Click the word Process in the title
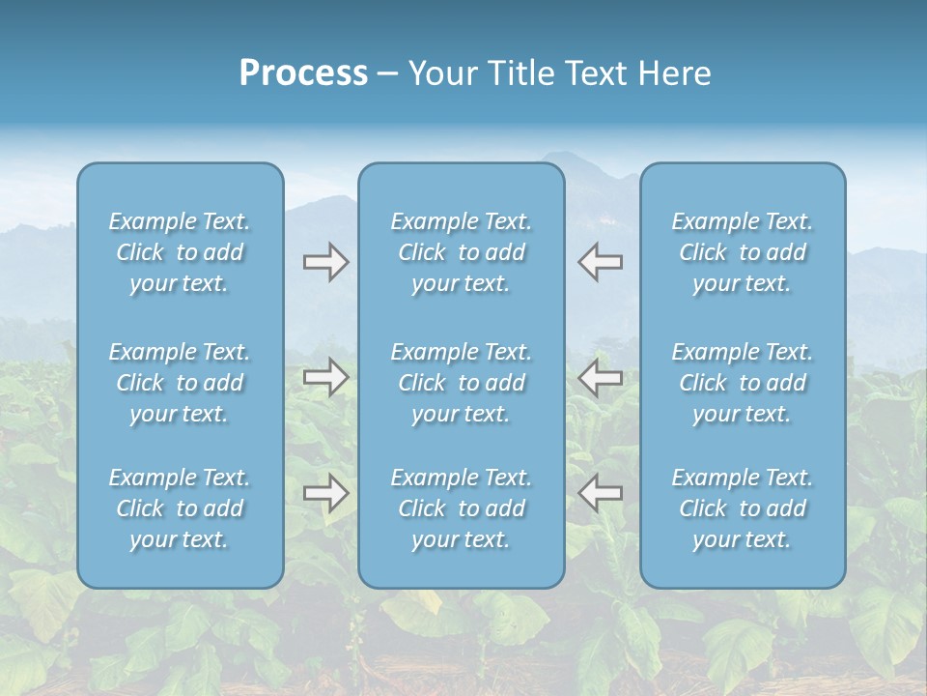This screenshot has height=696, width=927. tap(303, 73)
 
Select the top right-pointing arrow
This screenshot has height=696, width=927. tap(325, 262)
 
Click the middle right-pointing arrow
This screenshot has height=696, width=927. tap(325, 377)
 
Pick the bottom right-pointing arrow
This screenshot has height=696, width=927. tap(325, 493)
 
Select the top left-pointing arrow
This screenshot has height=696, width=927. tap(601, 262)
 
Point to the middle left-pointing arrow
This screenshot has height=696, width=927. tap(601, 377)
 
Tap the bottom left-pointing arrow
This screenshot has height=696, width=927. tap(601, 493)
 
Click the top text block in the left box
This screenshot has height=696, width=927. tap(180, 252)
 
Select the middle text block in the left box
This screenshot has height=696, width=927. tap(180, 383)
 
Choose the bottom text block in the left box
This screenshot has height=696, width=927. tap(180, 508)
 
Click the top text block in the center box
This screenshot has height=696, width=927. tap(461, 252)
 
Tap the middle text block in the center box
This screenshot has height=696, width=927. tap(461, 383)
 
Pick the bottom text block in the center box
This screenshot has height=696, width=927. tap(461, 508)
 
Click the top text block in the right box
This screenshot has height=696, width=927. tap(742, 252)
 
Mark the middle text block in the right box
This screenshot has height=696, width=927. tap(742, 383)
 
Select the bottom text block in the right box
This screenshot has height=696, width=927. tap(742, 508)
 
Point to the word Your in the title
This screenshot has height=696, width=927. tap(441, 73)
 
